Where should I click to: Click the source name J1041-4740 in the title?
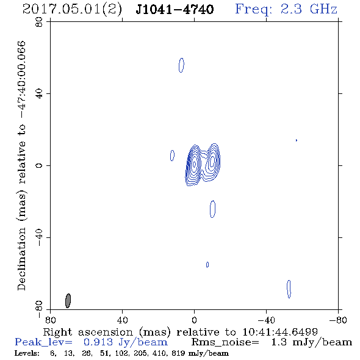pos(175,9)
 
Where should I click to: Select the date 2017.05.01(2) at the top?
pos(72,10)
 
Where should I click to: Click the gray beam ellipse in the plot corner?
pos(68,301)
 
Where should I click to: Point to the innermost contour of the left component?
pos(195,164)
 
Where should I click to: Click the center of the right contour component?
pos(212,160)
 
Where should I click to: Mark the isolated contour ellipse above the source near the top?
pos(181,65)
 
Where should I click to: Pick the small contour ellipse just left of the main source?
pos(172,156)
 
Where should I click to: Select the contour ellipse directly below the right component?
pos(212,209)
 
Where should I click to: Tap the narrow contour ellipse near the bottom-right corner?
pos(289,289)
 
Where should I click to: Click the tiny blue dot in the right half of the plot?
pos(297,140)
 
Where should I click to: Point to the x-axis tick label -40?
pos(266,320)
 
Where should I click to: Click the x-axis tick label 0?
pos(194,320)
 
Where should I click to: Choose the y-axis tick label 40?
pos(39,94)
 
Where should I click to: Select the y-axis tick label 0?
pos(39,165)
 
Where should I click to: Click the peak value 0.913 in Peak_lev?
pos(98,342)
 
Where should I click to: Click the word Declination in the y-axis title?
pos(21,259)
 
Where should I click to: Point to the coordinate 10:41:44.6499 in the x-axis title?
pos(280,332)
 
